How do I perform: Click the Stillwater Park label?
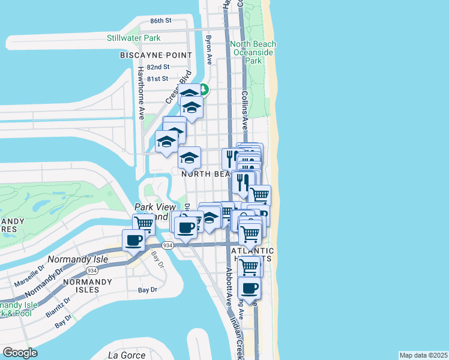coord(133,38)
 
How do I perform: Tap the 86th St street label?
coord(161,20)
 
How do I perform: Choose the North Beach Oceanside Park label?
coord(253,52)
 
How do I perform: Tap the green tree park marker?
coord(204,90)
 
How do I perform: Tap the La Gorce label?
coord(127,355)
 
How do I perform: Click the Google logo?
coord(20,353)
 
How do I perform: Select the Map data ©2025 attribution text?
coord(424,355)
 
